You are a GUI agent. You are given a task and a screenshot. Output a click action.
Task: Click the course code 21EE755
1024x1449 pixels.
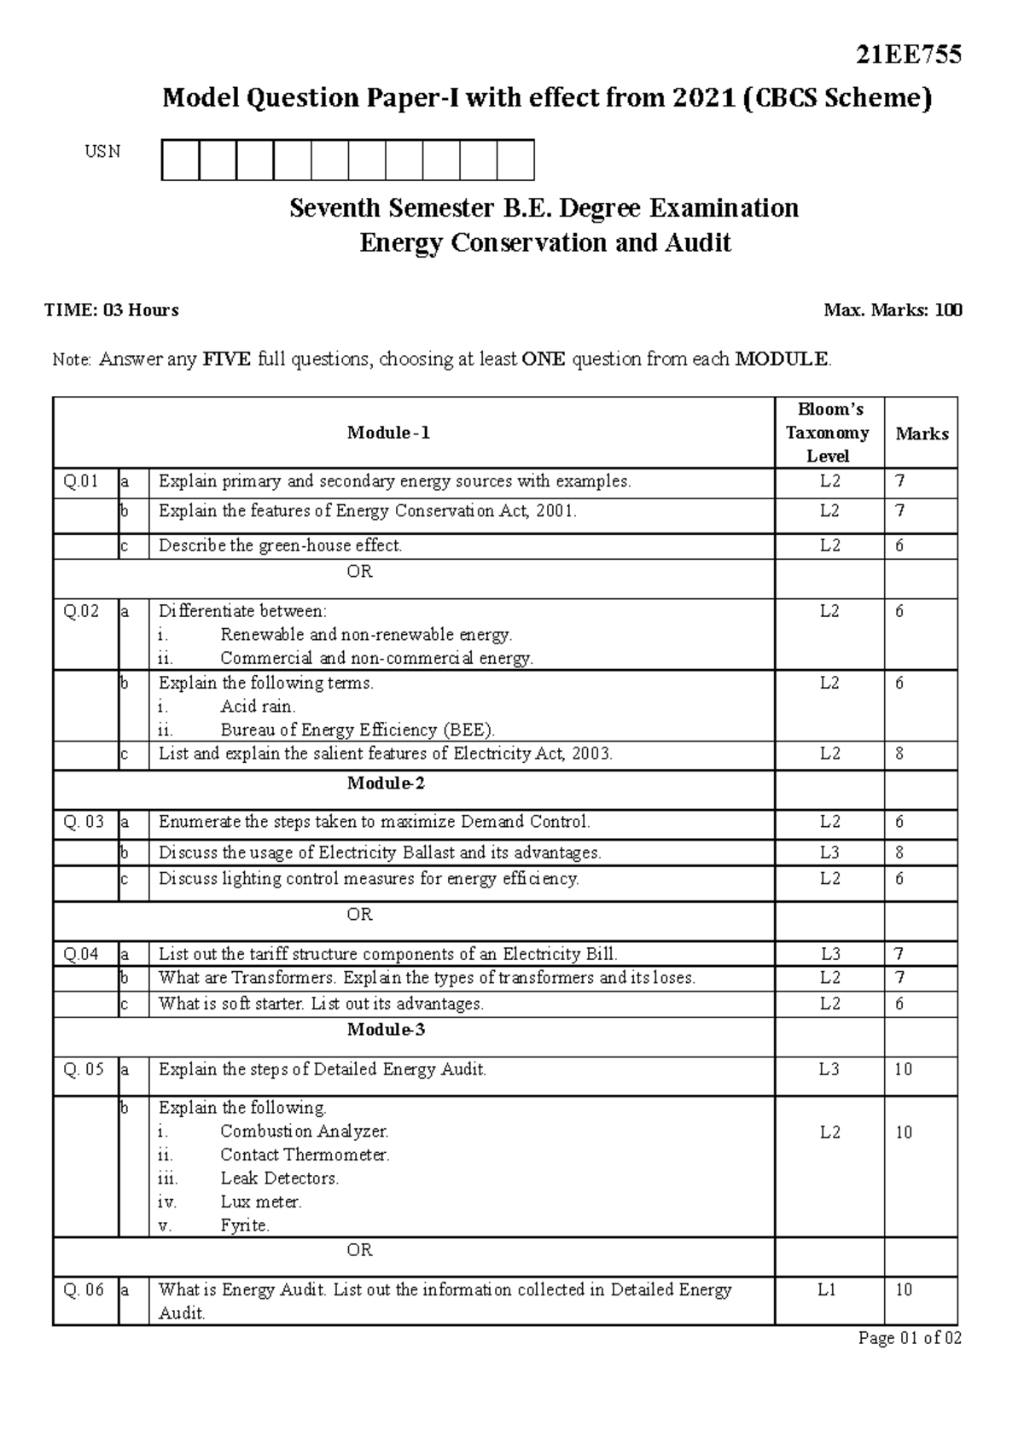click(x=909, y=55)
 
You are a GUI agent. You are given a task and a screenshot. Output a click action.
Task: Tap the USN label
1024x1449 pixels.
click(x=102, y=152)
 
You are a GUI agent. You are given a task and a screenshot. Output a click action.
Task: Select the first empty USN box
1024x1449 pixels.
click(x=180, y=160)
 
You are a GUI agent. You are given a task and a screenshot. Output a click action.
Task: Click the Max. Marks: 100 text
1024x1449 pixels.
click(x=893, y=311)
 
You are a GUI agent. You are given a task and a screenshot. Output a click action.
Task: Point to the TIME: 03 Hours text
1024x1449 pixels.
click(x=112, y=311)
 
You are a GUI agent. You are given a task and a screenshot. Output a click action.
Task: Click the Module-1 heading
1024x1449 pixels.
click(x=388, y=433)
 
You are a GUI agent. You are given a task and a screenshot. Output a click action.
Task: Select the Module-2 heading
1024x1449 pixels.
click(x=386, y=783)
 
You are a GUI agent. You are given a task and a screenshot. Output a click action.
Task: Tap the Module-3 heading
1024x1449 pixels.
click(x=386, y=1029)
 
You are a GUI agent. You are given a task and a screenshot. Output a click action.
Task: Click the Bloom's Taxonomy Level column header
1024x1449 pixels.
click(x=828, y=433)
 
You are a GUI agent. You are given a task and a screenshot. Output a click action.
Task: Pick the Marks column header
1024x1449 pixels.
click(x=922, y=434)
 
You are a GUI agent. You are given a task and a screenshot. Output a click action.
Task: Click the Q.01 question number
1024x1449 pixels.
click(x=81, y=481)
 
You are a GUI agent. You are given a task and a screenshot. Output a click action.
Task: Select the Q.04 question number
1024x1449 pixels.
click(x=81, y=954)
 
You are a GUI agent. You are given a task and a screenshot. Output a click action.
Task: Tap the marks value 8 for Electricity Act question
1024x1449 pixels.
click(x=899, y=754)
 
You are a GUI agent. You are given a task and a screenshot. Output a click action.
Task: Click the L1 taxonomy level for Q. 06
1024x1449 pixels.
click(x=827, y=1289)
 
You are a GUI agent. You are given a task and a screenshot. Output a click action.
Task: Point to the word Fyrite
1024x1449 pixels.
click(x=245, y=1225)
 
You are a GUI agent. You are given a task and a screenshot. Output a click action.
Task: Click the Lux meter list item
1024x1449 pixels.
click(x=261, y=1202)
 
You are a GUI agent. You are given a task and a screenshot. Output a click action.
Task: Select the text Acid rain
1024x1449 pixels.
click(x=258, y=707)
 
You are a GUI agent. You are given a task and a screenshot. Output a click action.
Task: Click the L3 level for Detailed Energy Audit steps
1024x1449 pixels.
click(x=829, y=1069)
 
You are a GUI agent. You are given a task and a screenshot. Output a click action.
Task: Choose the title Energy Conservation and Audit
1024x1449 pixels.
click(x=544, y=243)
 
